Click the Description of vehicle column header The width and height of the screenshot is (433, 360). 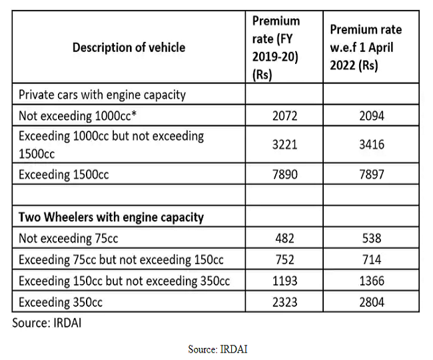[129, 47]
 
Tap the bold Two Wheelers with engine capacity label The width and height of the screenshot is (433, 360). [111, 217]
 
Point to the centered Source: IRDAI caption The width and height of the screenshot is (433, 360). [217, 349]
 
